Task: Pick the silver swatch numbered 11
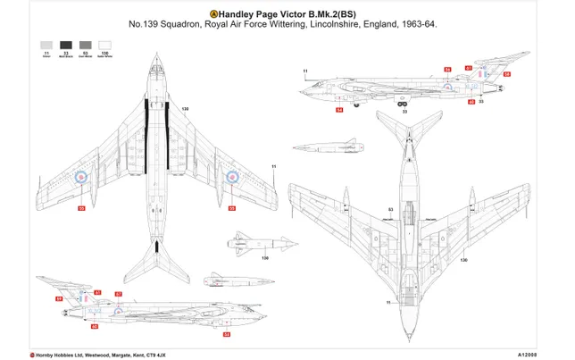pos(46,44)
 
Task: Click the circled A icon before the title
pos(212,13)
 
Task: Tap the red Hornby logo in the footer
pos(33,352)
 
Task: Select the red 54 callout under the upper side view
pos(339,111)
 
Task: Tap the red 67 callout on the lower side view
pos(96,293)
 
